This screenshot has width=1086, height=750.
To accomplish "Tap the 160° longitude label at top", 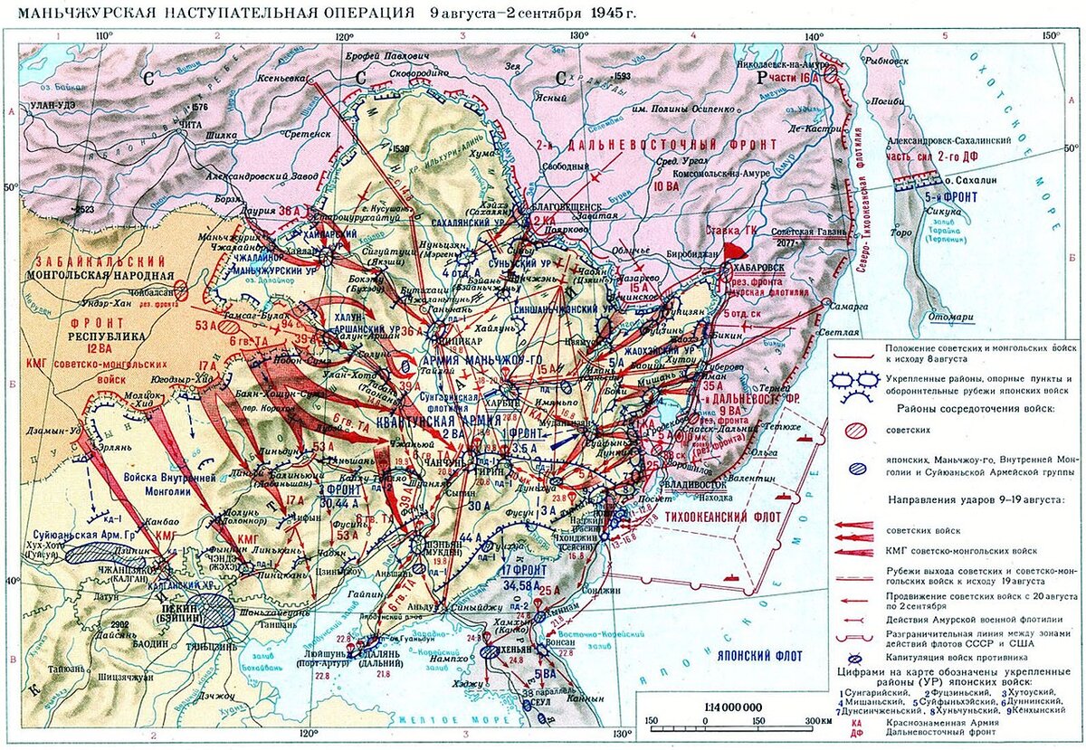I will click(x=1049, y=35).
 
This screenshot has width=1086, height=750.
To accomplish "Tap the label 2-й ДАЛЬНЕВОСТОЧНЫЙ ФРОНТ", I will click(x=670, y=145).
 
